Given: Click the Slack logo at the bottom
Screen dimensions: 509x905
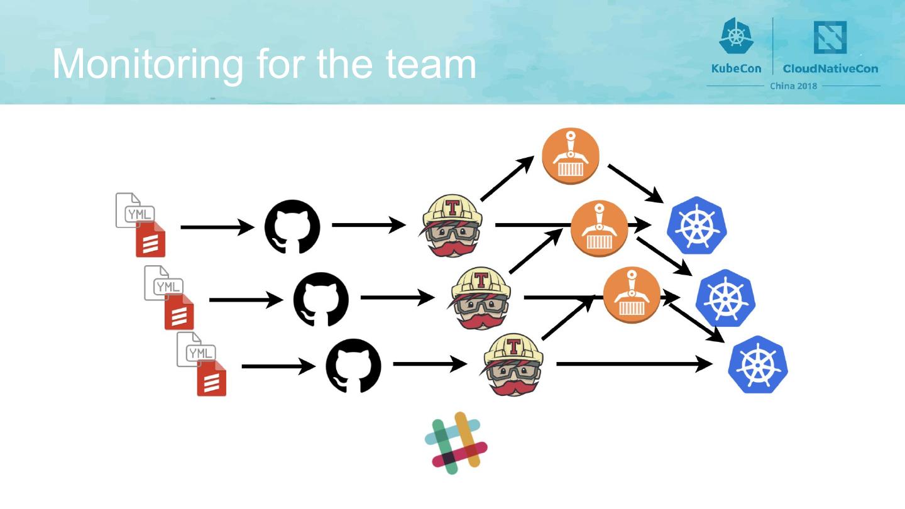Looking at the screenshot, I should [456, 439].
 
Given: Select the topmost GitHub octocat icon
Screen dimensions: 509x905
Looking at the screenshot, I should [292, 227].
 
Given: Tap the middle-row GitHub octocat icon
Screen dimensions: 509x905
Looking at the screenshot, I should [321, 298].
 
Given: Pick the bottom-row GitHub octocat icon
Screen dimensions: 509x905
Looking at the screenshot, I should [353, 366].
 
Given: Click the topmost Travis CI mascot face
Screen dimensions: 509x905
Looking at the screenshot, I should [450, 227].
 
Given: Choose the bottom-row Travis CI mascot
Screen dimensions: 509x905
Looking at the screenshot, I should [513, 365].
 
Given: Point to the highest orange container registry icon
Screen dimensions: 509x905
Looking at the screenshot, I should [571, 156].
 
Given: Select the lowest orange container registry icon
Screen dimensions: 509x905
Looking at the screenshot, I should [631, 295].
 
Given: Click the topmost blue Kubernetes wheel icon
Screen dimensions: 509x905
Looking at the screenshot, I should [696, 226].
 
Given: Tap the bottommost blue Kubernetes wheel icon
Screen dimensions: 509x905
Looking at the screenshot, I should [757, 365].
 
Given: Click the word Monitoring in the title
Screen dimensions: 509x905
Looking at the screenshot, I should [147, 64].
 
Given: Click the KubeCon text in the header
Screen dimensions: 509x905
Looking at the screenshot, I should [736, 68].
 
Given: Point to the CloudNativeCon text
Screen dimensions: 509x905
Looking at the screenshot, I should [830, 68].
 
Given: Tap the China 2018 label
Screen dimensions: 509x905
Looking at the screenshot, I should [793, 86].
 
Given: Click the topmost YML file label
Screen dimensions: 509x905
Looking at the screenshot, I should [139, 214].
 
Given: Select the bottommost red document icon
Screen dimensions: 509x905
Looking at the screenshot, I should [211, 381].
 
